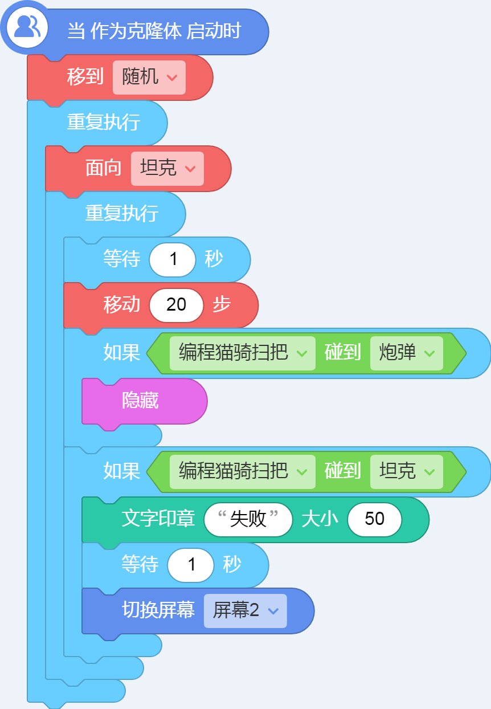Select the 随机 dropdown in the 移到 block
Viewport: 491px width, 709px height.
tap(149, 78)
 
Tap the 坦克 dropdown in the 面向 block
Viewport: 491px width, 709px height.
tap(167, 168)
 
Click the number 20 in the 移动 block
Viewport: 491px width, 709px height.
tap(176, 305)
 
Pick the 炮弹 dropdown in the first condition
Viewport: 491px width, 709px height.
tap(407, 353)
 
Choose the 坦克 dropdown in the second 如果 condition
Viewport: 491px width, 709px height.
tap(407, 471)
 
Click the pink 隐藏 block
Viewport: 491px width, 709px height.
tap(144, 401)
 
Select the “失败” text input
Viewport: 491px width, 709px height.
tap(248, 519)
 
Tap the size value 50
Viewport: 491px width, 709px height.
tap(375, 519)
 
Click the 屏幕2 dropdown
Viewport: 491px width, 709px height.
tap(245, 610)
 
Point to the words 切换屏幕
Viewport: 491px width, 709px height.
tap(158, 610)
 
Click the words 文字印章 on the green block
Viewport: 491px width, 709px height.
tap(158, 519)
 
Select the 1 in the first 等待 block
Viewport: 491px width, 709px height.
tap(173, 259)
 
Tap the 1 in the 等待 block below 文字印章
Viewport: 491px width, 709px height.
tap(191, 565)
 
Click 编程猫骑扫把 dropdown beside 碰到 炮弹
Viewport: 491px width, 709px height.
tap(242, 353)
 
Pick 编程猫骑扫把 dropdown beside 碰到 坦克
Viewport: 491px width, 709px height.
tap(242, 471)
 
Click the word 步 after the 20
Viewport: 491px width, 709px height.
tap(222, 304)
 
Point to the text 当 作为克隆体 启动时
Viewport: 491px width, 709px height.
tap(154, 31)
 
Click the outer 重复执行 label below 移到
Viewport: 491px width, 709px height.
tap(104, 122)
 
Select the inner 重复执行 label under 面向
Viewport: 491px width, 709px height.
tap(122, 213)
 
